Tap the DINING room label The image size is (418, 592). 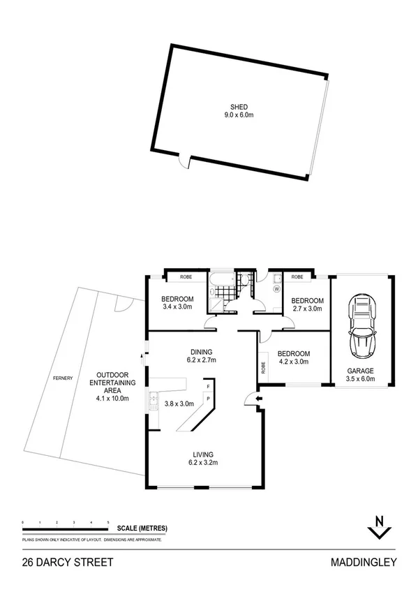tap(201, 352)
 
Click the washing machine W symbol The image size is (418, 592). tap(276, 288)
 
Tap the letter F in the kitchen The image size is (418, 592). tap(207, 385)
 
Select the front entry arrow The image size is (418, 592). tap(259, 399)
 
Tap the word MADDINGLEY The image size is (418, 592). tap(365, 561)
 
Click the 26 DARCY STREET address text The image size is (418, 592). tap(68, 561)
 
